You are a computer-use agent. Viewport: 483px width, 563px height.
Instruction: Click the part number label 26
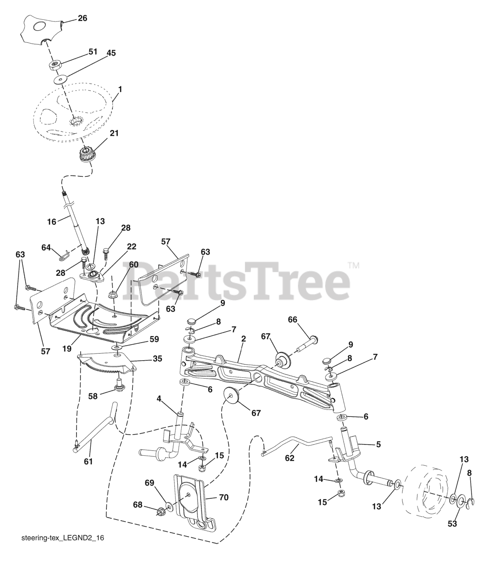click(83, 18)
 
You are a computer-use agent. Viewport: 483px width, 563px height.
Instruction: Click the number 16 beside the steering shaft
click(51, 222)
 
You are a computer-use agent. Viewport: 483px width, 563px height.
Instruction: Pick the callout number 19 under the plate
click(67, 348)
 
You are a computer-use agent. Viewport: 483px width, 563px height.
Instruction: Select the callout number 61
click(88, 461)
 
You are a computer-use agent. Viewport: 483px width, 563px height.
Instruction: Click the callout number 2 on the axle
click(243, 339)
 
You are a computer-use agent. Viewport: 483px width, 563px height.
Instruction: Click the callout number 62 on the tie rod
click(289, 458)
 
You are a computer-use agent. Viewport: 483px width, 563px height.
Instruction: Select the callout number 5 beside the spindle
click(378, 444)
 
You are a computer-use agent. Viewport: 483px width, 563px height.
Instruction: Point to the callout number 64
click(46, 247)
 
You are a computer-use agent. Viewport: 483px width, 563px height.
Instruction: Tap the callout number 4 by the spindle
click(159, 399)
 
